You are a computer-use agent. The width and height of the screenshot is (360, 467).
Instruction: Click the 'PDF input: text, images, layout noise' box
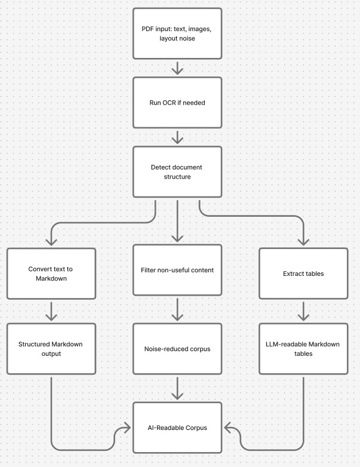click(x=177, y=33)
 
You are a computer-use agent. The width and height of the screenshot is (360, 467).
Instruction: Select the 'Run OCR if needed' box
click(x=177, y=102)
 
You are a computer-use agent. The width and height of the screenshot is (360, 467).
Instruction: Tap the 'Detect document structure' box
click(x=177, y=172)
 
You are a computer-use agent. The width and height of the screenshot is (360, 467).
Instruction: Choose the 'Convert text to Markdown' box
click(x=51, y=274)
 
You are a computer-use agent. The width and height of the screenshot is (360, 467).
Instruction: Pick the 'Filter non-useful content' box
click(x=177, y=270)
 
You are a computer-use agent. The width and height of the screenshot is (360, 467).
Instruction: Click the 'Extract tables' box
click(x=303, y=274)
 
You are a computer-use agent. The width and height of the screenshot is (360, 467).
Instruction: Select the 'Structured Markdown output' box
click(x=51, y=349)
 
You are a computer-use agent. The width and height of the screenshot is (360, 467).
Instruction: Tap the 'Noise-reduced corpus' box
click(x=177, y=349)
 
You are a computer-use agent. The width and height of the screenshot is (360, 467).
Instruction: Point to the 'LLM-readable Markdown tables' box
click(x=303, y=349)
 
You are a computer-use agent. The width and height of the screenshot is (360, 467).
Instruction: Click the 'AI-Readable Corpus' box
click(x=177, y=428)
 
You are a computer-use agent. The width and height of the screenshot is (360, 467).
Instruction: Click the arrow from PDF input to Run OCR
click(x=177, y=67)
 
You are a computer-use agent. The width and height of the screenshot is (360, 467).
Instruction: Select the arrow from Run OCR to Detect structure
click(x=177, y=137)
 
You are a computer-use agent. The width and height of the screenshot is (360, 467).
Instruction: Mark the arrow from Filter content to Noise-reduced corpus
click(x=177, y=309)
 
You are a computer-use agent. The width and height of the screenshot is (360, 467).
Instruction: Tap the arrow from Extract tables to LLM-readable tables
click(x=303, y=311)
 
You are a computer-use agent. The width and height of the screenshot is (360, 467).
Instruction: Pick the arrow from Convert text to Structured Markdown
click(x=51, y=311)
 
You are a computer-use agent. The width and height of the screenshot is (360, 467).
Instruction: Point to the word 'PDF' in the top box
click(x=147, y=28)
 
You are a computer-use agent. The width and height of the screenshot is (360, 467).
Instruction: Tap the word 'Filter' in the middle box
click(x=149, y=270)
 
